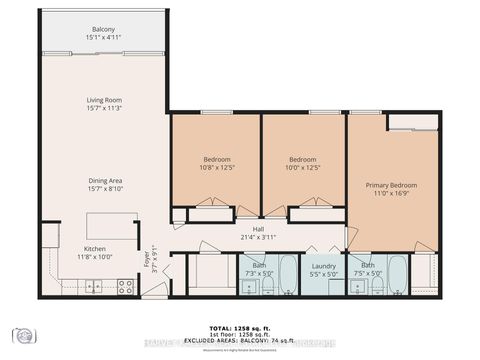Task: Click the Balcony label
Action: point(104,29)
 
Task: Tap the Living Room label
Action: point(104,101)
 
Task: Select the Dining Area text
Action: point(104,181)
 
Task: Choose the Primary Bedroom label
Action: point(390,185)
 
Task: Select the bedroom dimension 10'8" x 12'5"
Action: point(217,168)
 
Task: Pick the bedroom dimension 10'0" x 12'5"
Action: point(303,168)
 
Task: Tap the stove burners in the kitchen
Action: point(126,286)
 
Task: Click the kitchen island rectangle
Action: point(112,226)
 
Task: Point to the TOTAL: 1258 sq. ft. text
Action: point(240,327)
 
